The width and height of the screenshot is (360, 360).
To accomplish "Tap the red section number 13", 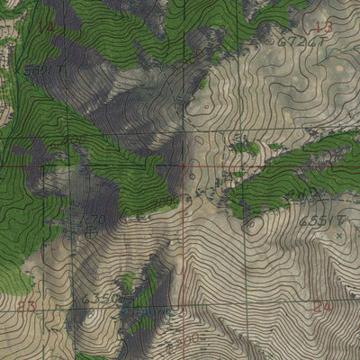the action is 324,27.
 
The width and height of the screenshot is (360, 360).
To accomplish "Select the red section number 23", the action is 27,306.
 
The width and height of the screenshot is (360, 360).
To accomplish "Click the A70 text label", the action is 93,219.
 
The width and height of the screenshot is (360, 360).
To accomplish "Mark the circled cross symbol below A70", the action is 93,231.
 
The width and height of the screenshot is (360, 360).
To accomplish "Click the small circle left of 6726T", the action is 272,41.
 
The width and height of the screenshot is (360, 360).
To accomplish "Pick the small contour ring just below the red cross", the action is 186,197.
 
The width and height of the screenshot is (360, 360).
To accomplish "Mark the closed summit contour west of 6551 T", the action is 255,222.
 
